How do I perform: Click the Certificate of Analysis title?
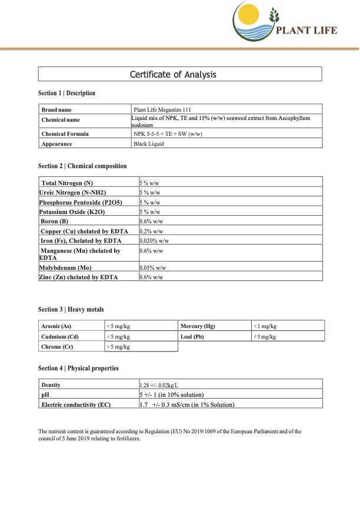[180, 74]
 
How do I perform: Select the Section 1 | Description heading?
[66, 93]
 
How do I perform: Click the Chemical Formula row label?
[65, 133]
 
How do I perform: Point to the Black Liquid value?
[149, 143]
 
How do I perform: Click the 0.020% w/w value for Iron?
[154, 240]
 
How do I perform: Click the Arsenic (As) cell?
[56, 326]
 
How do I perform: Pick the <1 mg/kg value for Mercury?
[265, 326]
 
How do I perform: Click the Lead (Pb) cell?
[192, 336]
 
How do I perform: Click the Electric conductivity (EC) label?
[76, 404]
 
